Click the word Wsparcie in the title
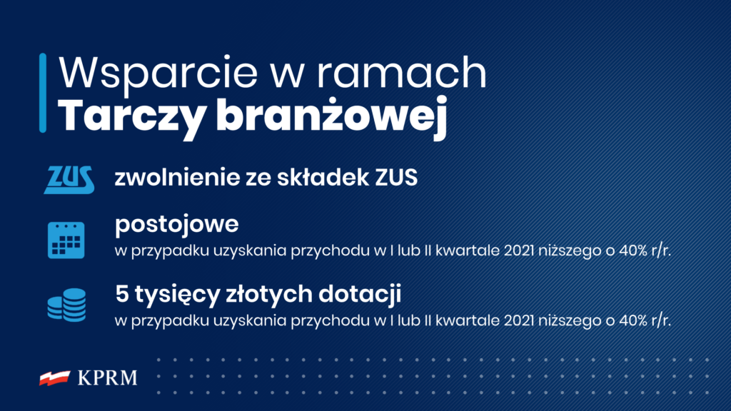click(158, 73)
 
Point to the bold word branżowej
click(332, 116)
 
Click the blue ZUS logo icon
click(69, 179)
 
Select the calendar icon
click(66, 240)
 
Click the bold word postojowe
click(177, 225)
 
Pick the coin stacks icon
click(66, 305)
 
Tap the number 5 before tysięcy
click(121, 294)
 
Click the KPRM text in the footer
click(108, 378)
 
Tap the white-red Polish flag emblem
click(55, 378)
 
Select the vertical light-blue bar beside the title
click(43, 93)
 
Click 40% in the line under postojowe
click(634, 250)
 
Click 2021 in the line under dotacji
click(519, 320)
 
